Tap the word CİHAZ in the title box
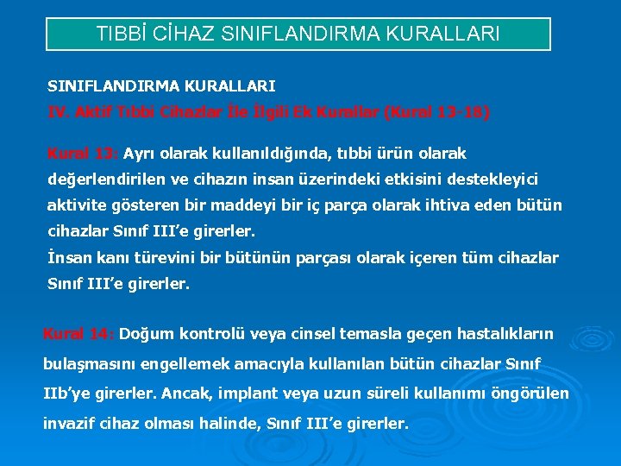(184, 35)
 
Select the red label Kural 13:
(83, 154)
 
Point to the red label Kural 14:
(79, 333)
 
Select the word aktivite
(76, 205)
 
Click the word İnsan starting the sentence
(68, 257)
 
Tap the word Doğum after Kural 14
(143, 333)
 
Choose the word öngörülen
(529, 394)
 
